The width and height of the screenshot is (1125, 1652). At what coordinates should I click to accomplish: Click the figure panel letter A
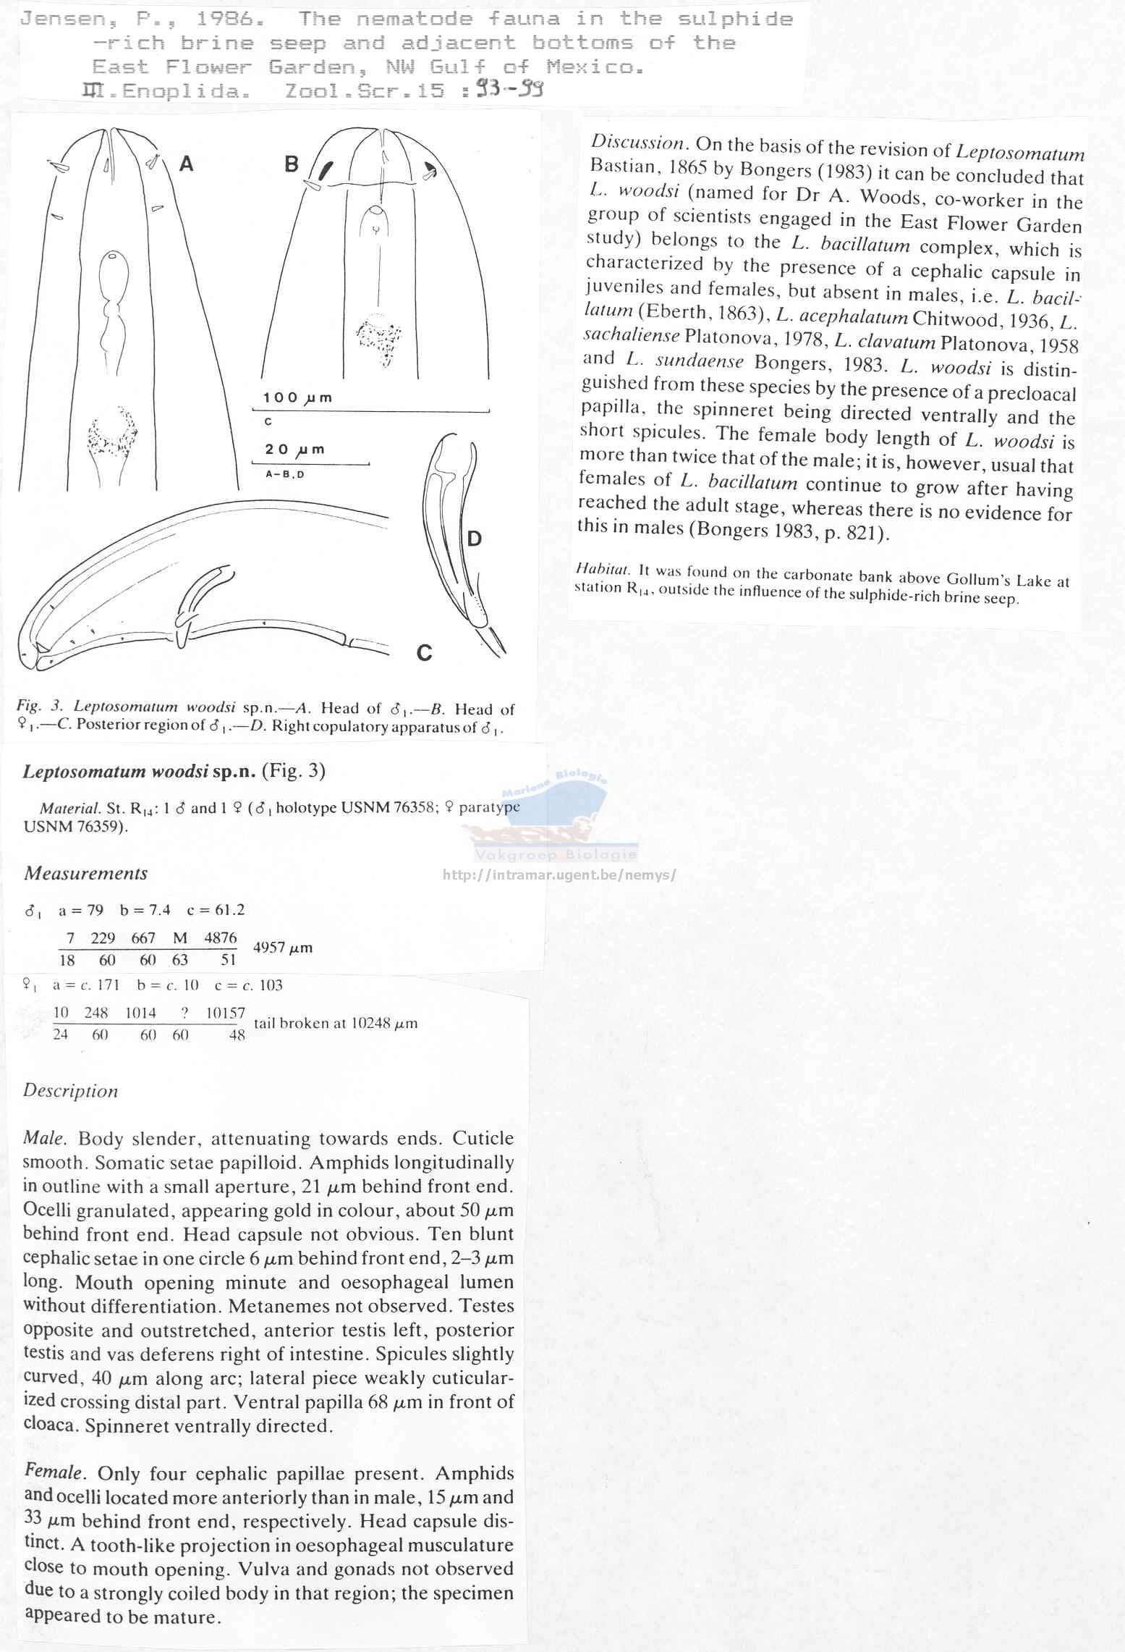tap(186, 164)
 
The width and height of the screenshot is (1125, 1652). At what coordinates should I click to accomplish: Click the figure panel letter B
tap(292, 164)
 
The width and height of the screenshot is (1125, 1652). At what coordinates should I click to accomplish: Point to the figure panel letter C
tap(424, 653)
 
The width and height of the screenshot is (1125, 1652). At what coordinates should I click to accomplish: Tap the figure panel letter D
tap(475, 538)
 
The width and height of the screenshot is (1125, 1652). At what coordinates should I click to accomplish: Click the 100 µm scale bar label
tap(297, 397)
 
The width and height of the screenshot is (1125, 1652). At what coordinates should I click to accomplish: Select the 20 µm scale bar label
tap(294, 450)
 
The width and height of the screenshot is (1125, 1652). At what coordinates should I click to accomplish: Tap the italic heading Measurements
tap(85, 874)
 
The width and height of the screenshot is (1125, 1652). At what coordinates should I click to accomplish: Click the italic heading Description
tap(70, 1091)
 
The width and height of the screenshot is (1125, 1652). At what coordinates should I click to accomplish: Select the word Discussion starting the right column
tap(637, 143)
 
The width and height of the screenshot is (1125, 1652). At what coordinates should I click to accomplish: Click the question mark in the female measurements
tap(186, 1013)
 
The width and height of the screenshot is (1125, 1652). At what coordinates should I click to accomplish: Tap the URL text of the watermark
tap(559, 875)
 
